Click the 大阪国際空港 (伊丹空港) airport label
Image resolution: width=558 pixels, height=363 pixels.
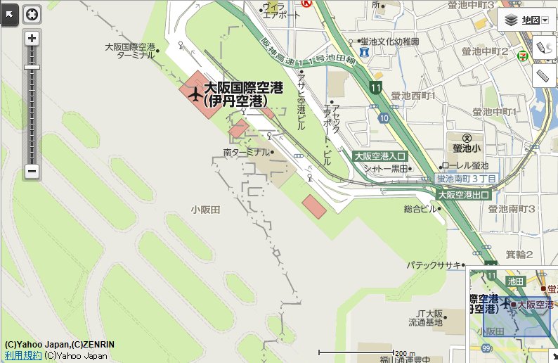(x=242, y=94)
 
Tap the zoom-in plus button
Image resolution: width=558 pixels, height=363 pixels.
(x=32, y=39)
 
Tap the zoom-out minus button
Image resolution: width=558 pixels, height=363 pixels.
(x=32, y=171)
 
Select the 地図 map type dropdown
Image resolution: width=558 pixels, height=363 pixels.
(x=526, y=20)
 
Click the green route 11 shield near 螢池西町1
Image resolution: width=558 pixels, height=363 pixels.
(x=377, y=88)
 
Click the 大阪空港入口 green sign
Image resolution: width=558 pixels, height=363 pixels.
(x=379, y=156)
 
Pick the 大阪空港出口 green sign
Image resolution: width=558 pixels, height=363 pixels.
(x=463, y=194)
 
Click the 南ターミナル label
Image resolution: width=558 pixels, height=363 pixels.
(x=246, y=152)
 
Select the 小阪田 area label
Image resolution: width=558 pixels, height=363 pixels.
(x=206, y=210)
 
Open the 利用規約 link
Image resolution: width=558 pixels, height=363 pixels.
(x=23, y=355)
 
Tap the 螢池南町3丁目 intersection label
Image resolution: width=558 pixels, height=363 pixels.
(x=467, y=180)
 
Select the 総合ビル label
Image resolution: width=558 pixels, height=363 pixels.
(x=421, y=209)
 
